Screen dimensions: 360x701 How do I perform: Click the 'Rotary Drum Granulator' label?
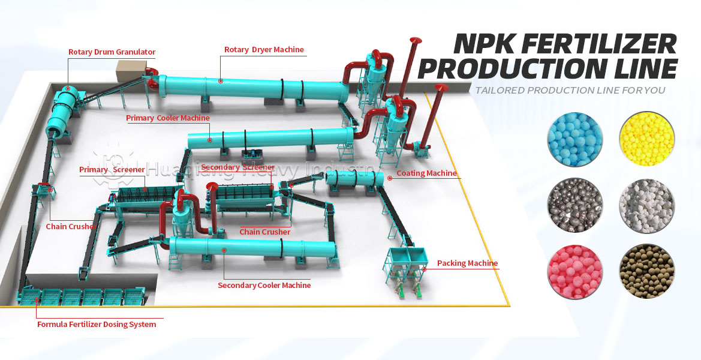click(112, 52)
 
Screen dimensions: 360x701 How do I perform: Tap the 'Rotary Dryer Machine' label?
click(264, 50)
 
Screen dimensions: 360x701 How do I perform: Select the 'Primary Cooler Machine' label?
click(168, 118)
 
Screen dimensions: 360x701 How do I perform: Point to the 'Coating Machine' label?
click(427, 173)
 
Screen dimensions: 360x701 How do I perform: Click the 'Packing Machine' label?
click(467, 263)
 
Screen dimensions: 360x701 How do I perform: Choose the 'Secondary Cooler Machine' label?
click(264, 286)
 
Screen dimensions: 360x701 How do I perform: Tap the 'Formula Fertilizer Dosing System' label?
click(97, 325)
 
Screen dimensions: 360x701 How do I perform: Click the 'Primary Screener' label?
click(112, 170)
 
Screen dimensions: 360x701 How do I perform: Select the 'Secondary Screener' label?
click(238, 167)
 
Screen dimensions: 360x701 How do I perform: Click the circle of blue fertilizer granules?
click(574, 140)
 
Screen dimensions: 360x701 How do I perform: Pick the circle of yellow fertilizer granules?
click(646, 140)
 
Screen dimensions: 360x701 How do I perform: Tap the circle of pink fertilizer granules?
click(574, 271)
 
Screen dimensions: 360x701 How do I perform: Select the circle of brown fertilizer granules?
click(646, 271)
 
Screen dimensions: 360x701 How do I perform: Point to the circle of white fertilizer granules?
click(646, 205)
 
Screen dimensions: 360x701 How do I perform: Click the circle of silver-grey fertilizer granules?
click(574, 205)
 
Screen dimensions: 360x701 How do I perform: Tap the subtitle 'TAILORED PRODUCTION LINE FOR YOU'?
click(570, 91)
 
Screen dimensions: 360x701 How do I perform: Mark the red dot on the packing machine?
click(424, 269)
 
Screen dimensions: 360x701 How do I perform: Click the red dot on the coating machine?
click(390, 178)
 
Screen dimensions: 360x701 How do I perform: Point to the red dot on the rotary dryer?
click(221, 81)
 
